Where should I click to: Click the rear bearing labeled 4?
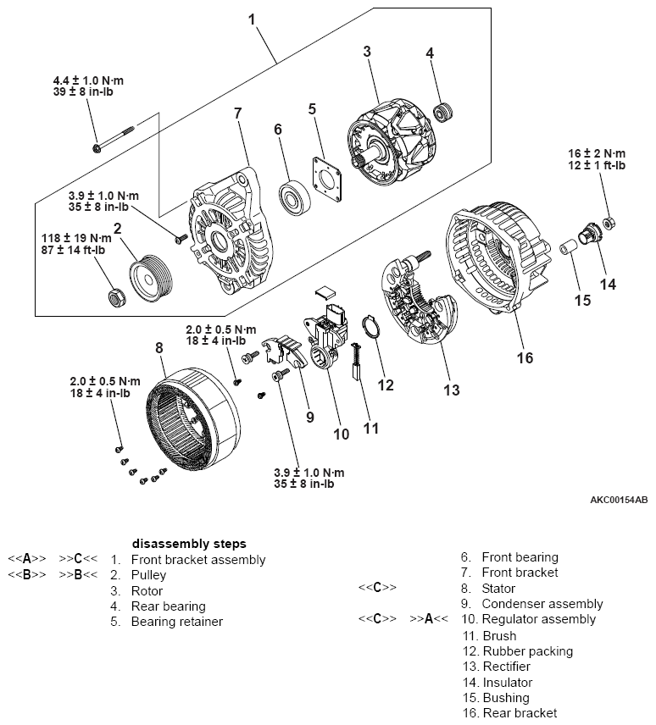pos(441,111)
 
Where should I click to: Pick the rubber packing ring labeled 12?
pos(370,329)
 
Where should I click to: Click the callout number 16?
pos(525,357)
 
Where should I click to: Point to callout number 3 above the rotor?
pos(366,52)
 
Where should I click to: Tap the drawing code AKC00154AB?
pos(619,500)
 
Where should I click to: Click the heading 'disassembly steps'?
pos(189,543)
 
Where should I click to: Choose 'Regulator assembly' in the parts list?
pos(540,619)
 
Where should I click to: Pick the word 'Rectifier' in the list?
pos(507,667)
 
